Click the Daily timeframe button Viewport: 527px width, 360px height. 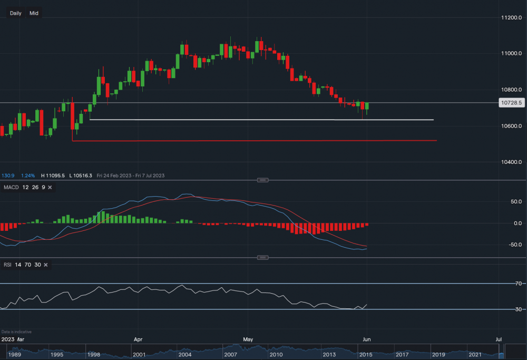(16, 13)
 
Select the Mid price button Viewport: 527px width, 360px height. (34, 13)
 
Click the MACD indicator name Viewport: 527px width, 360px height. (11, 188)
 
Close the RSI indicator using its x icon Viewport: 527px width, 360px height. (46, 264)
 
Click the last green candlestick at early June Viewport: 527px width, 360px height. (367, 108)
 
